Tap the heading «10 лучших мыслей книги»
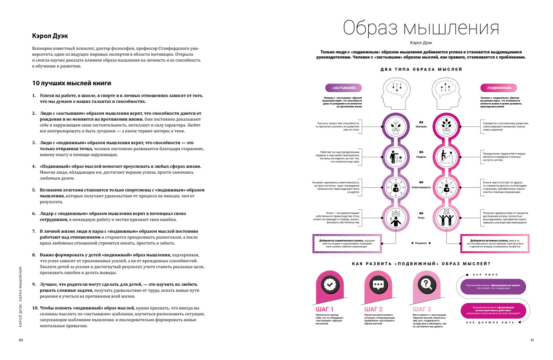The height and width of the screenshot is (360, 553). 71,83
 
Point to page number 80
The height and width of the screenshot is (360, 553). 21,341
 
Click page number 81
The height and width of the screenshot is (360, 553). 532,341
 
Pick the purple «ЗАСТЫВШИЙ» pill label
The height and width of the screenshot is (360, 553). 344,88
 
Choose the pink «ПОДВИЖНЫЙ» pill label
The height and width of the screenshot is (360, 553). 497,88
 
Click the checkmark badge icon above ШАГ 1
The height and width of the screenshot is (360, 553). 329,285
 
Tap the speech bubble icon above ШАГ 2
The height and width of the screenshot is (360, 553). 378,285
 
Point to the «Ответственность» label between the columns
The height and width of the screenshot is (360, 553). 421,188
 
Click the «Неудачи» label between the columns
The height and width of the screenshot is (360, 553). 421,157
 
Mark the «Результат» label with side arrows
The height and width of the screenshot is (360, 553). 421,242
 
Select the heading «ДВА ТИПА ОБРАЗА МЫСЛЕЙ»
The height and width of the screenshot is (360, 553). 421,69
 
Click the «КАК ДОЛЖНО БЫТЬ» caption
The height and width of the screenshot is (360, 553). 490,322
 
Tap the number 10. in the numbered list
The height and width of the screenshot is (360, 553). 35,308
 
